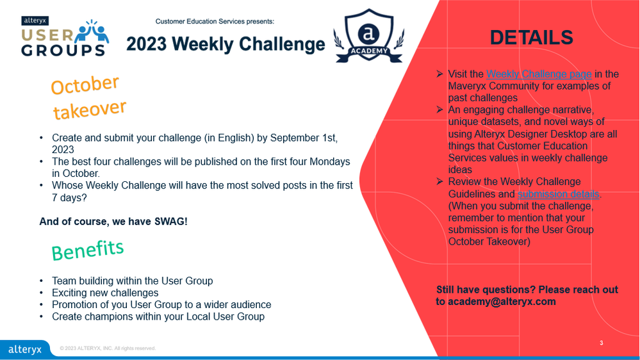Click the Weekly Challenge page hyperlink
[539, 74]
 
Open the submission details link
[559, 194]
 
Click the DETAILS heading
[532, 38]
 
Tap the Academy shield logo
[369, 36]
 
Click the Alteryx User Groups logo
[65, 37]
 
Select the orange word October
[85, 85]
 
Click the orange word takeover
[90, 110]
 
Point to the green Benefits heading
[87, 250]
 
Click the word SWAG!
[170, 222]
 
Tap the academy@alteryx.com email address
[502, 302]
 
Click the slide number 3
[601, 343]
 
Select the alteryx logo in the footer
[25, 349]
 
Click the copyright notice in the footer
[108, 348]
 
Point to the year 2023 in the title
[146, 44]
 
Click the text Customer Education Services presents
[215, 21]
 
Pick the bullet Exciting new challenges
[105, 293]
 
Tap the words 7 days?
[69, 197]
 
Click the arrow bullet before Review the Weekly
[439, 181]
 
